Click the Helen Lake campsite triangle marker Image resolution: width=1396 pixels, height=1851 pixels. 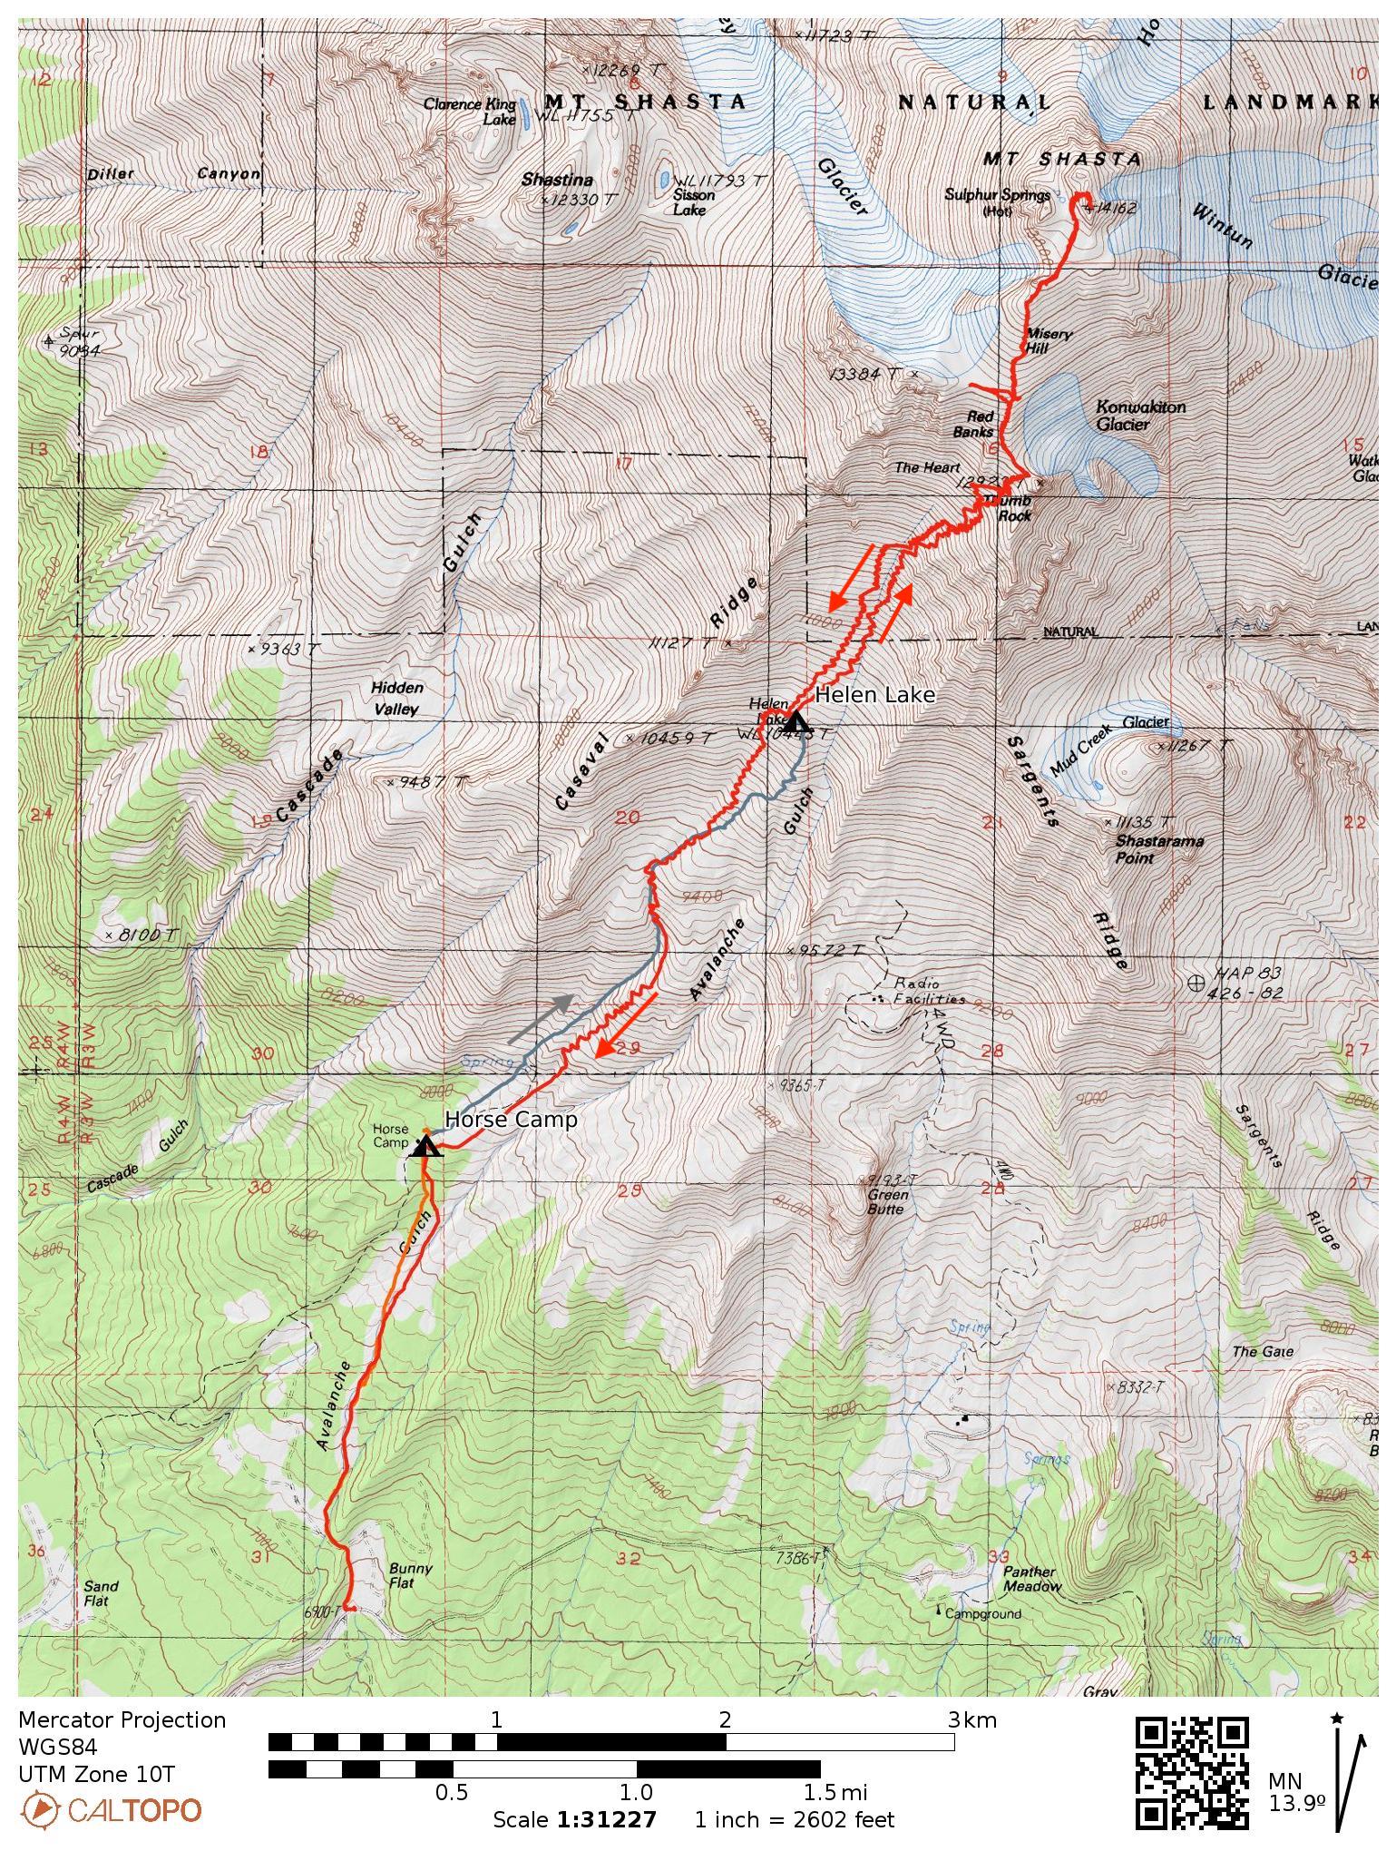[x=796, y=722]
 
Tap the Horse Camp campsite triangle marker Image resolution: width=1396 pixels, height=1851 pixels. [x=425, y=1147]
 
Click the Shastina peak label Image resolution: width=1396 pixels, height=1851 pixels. [x=557, y=181]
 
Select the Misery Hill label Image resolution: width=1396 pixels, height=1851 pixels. [x=1048, y=341]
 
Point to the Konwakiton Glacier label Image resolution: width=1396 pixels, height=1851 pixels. [x=1140, y=416]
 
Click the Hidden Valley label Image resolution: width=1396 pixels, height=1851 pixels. [x=396, y=699]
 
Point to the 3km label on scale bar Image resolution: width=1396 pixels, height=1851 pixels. [x=972, y=1719]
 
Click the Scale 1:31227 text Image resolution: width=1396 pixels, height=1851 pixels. [x=574, y=1819]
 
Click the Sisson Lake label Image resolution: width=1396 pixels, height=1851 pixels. [x=694, y=201]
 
